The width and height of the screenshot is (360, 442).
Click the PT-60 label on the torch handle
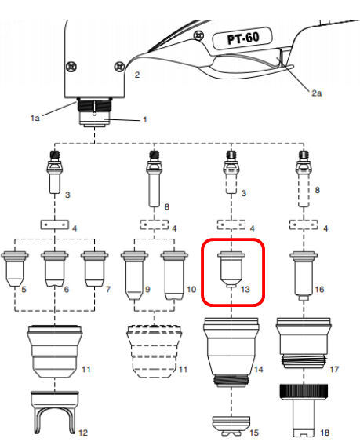click(242, 38)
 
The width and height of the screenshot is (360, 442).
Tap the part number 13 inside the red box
click(245, 289)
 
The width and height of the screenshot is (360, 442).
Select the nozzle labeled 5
click(15, 269)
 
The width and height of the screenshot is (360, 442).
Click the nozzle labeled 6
click(55, 269)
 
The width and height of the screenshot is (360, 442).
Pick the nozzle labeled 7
click(95, 269)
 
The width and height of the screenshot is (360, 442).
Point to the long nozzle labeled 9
click(134, 276)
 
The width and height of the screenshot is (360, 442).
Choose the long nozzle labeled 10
click(174, 276)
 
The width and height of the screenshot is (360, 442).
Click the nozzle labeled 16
click(304, 276)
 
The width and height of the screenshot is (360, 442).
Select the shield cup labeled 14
click(231, 353)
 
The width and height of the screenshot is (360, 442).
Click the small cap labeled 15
click(231, 425)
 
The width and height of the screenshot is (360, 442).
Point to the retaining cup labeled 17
click(304, 343)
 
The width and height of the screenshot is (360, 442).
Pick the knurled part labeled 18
click(304, 409)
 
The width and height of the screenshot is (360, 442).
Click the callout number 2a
click(316, 93)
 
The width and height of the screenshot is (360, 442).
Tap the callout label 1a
click(35, 118)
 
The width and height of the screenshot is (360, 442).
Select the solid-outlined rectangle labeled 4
click(55, 225)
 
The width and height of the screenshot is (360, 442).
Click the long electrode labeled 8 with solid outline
click(154, 179)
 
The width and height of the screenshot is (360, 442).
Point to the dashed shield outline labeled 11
click(154, 352)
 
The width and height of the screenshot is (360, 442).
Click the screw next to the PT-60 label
click(199, 36)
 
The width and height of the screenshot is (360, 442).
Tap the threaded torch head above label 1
click(94, 112)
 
